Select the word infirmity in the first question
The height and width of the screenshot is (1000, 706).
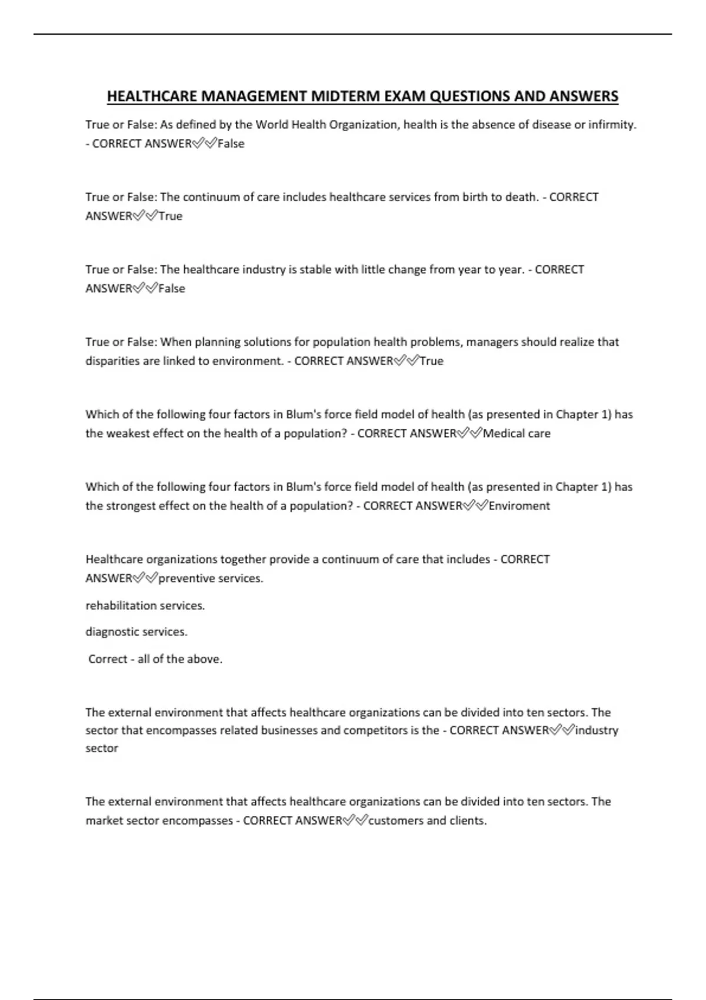[x=612, y=125]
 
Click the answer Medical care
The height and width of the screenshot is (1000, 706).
[x=517, y=434]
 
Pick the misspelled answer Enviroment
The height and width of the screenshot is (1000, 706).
[x=519, y=506]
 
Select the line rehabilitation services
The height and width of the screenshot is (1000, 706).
[x=145, y=605]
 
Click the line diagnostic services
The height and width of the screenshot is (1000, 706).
[x=136, y=632]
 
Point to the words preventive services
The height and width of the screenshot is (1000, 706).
[x=210, y=578]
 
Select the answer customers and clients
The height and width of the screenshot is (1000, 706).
[x=427, y=821]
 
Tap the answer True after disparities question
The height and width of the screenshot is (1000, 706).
[x=431, y=361]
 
